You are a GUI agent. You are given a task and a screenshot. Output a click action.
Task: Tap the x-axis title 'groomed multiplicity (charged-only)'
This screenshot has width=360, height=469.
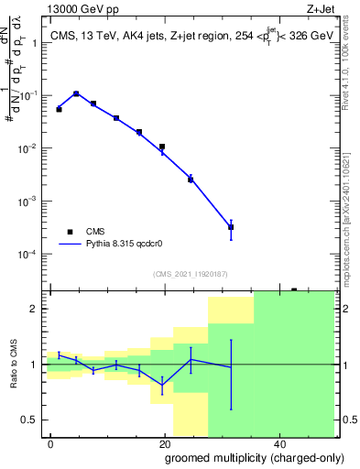pyautogui.click(x=241, y=457)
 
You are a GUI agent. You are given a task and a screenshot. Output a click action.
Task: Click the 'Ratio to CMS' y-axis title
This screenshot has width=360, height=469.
pyautogui.click(x=15, y=365)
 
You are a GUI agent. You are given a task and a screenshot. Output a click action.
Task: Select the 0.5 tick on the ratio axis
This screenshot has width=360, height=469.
pyautogui.click(x=31, y=420)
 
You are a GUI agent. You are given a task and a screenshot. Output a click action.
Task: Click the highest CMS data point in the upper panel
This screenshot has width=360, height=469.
pyautogui.click(x=76, y=93)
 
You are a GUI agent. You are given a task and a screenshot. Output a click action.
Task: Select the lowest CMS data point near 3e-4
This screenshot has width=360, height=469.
pyautogui.click(x=231, y=227)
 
